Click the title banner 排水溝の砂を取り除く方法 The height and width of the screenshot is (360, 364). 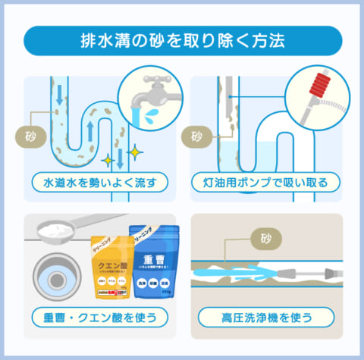(x=183, y=40)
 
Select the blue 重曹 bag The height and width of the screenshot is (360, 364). (x=160, y=261)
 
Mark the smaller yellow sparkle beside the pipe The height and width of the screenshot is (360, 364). (x=109, y=161)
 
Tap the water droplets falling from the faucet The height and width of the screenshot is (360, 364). (x=152, y=114)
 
